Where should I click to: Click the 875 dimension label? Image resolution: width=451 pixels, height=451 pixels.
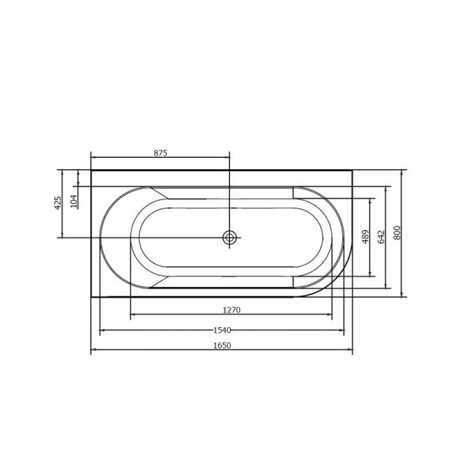[160, 153]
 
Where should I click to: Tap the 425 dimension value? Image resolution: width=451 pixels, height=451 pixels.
[58, 203]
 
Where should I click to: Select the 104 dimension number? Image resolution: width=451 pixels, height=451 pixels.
[74, 201]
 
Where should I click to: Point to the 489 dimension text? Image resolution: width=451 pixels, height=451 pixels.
[365, 237]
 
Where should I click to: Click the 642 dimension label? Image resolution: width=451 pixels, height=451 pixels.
[381, 237]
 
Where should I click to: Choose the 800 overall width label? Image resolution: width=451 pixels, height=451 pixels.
[397, 233]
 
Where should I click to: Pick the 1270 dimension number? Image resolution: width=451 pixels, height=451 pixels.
[232, 310]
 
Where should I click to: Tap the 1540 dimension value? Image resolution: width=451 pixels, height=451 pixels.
[222, 330]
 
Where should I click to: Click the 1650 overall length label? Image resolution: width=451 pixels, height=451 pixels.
[222, 345]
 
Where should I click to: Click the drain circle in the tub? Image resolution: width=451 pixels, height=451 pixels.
[229, 238]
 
